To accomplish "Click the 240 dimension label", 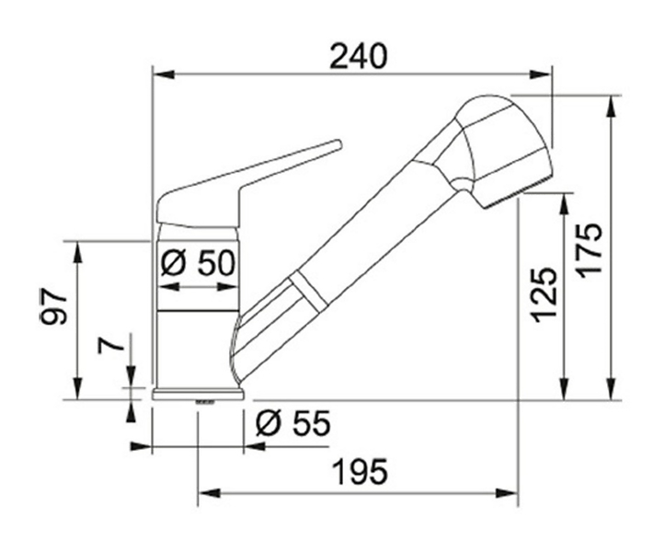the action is [x=359, y=56].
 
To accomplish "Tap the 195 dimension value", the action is [x=360, y=472].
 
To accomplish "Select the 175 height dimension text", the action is [x=590, y=251].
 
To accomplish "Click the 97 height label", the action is [x=54, y=307].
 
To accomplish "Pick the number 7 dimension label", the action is [x=111, y=345].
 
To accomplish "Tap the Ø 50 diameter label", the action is [x=198, y=263].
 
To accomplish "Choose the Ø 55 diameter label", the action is [x=293, y=423].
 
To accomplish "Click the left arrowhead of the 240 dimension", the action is [x=164, y=75].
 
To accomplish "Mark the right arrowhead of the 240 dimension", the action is [x=541, y=75].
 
